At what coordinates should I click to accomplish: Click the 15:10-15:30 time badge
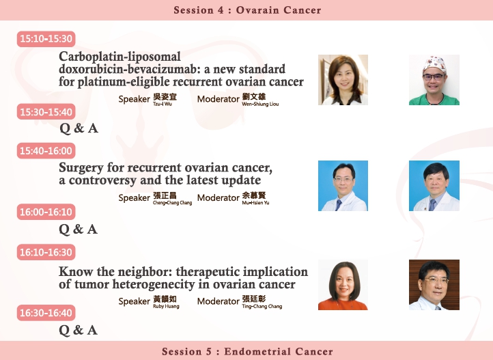point(46,39)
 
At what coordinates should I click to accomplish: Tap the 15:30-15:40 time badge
point(46,111)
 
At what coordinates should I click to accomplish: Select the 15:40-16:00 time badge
point(46,150)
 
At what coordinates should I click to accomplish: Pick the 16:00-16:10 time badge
point(46,212)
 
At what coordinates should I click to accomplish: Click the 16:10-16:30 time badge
point(46,252)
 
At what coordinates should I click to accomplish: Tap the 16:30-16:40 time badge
point(46,313)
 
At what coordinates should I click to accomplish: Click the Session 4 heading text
point(247,10)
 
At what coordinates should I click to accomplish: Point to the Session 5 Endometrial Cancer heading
point(247,351)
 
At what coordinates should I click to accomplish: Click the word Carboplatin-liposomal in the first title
point(119,57)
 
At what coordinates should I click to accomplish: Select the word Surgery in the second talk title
point(81,168)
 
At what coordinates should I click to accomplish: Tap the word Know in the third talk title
point(76,271)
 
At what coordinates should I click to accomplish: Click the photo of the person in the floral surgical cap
point(434,80)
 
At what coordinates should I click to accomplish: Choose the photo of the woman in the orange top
point(343,285)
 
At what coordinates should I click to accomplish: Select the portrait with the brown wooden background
point(434,285)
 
